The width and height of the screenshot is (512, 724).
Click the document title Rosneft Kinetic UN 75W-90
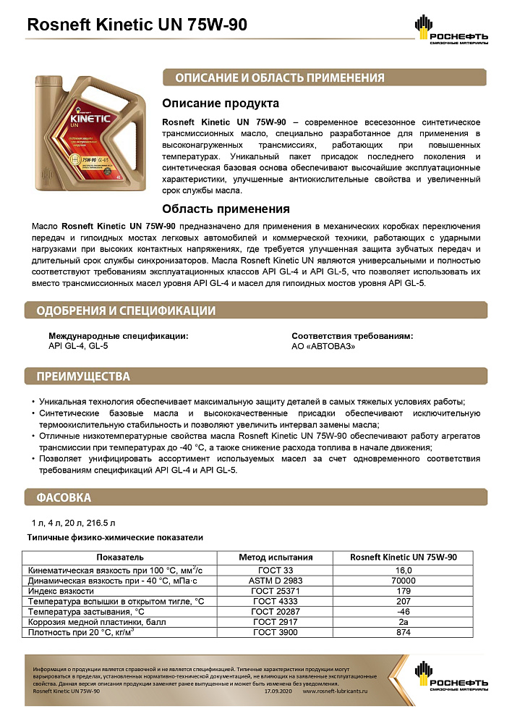[x=137, y=25]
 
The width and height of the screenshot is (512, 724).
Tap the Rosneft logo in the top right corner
[x=451, y=30]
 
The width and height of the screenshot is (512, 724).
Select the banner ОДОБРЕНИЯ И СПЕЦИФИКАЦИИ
[x=121, y=311]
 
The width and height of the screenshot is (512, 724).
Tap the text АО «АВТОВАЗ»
[x=323, y=346]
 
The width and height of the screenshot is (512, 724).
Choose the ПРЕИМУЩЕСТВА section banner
[x=79, y=376]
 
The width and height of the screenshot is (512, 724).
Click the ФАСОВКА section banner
[x=59, y=498]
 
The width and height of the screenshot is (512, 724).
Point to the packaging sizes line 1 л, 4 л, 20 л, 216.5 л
[x=73, y=522]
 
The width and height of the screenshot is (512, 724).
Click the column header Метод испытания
[x=276, y=557]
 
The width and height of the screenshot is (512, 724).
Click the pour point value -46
[x=403, y=612]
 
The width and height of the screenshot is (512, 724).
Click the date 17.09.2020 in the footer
[x=279, y=691]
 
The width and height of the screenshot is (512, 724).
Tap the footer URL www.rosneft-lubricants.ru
[x=336, y=691]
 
